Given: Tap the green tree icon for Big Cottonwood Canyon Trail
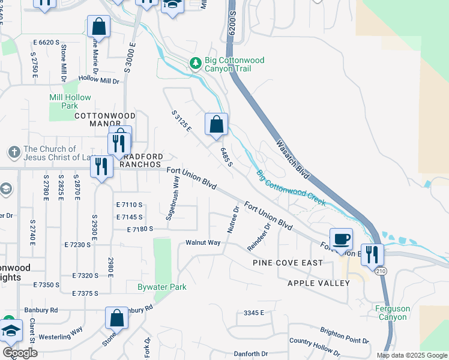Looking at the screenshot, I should coord(194,62).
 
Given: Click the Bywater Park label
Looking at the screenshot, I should coord(162,287).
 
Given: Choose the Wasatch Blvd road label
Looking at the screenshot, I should coord(293,160).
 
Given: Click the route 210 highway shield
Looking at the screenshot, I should coord(383,271).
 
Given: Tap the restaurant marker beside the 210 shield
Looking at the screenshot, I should coord(372,254).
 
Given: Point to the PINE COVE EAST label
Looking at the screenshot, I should coord(288,263).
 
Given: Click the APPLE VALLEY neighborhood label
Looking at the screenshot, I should coord(318,283).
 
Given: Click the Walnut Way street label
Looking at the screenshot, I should coord(203,243).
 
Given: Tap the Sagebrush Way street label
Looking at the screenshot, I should coord(172,197).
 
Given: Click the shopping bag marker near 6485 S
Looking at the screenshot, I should coord(216,125).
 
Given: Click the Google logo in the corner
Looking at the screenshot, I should coord(20,352).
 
